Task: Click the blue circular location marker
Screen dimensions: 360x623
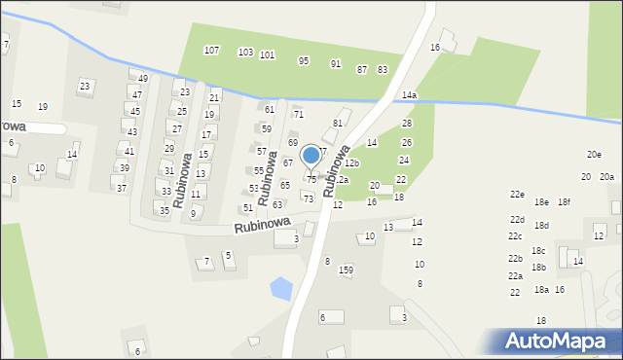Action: point(311,155)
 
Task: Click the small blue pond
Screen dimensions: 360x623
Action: point(280,288)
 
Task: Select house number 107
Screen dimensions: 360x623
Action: point(211,50)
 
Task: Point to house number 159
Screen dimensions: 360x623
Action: point(346,270)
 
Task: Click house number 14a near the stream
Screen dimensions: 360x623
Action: point(409,95)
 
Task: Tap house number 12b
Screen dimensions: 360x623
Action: point(351,162)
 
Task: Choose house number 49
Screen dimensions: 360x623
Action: point(143,78)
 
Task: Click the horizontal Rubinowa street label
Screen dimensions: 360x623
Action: point(263,225)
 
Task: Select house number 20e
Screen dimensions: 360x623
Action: point(594,155)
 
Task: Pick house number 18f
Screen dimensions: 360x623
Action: point(564,201)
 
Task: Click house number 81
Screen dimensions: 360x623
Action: point(338,123)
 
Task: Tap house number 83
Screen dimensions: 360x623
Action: point(383,69)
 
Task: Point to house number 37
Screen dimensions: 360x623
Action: point(122,188)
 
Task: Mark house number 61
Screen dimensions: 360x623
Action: point(270,109)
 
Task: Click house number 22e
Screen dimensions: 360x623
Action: point(517,194)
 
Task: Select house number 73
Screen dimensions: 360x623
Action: point(309,198)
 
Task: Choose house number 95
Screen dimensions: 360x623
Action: point(304,60)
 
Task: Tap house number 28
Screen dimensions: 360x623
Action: point(407,123)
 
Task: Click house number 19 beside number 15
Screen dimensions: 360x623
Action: point(43,106)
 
